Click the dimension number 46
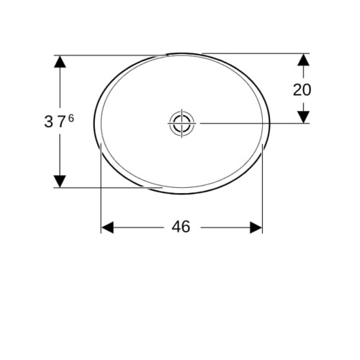click(181, 227)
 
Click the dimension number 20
click(302, 90)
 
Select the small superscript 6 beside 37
click(71, 118)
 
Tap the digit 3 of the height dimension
click(48, 122)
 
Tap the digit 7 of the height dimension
click(61, 122)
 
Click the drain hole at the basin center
click(181, 123)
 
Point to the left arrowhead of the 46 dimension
click(107, 228)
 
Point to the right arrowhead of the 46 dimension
click(256, 228)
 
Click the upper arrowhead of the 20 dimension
click(303, 60)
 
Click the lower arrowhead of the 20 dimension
click(303, 117)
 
